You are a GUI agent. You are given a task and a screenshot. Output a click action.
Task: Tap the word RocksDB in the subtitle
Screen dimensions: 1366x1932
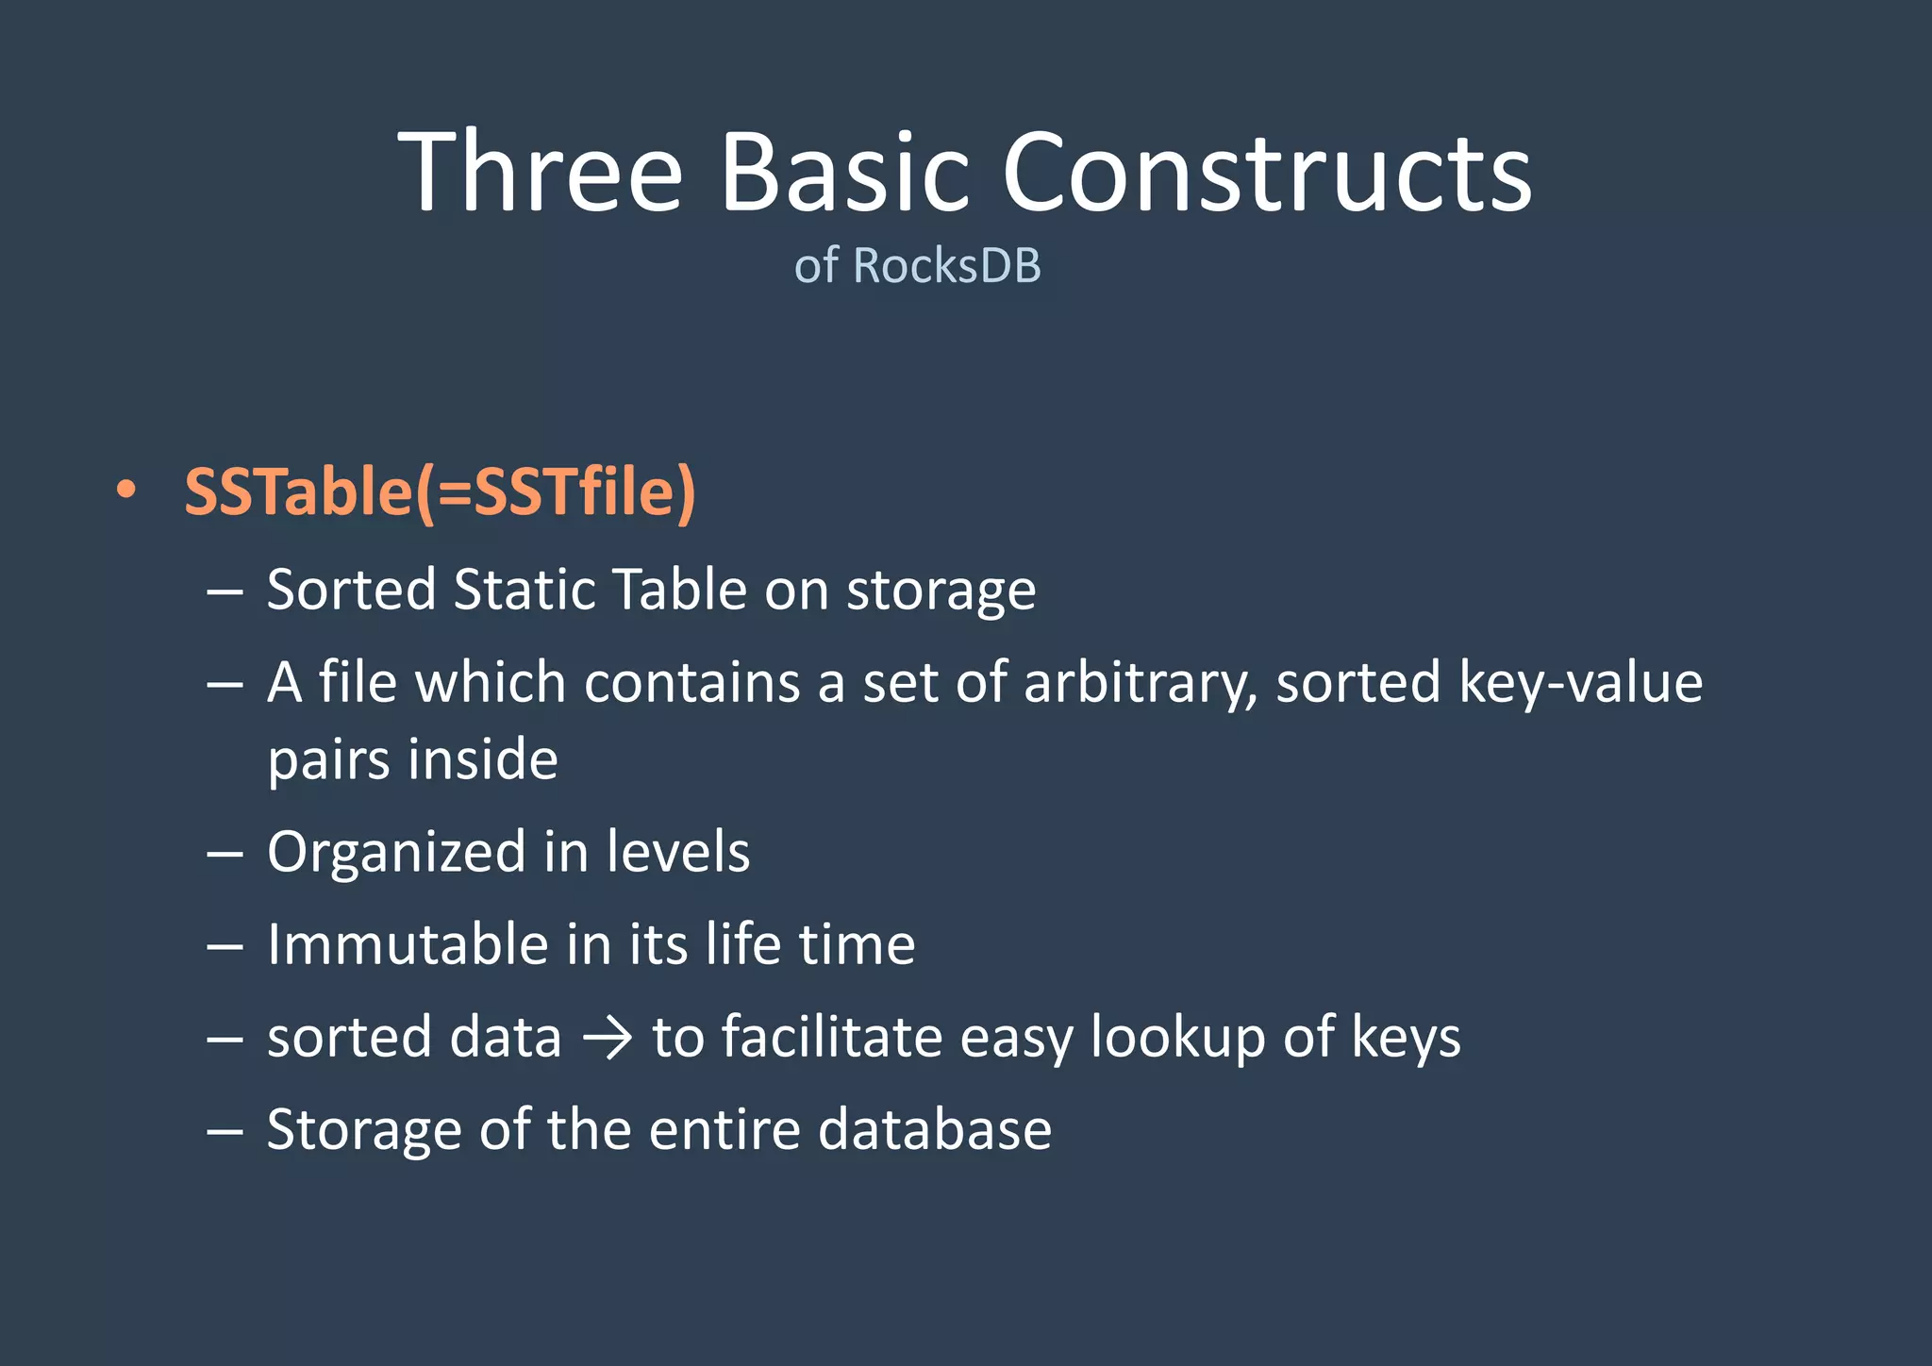tap(946, 266)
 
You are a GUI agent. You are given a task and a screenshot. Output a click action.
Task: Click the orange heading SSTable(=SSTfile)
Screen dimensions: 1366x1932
tap(440, 492)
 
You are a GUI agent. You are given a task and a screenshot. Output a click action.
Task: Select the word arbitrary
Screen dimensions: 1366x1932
tap(1141, 683)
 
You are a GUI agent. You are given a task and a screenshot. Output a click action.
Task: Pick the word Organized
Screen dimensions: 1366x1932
tap(396, 853)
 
